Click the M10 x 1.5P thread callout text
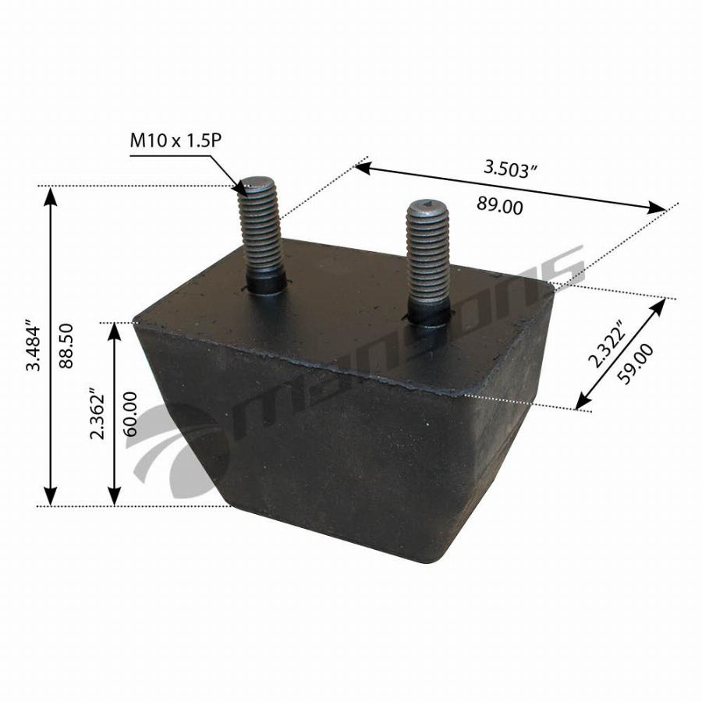tap(175, 140)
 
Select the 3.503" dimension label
tap(511, 169)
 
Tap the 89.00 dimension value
tap(499, 205)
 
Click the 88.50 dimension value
tap(66, 346)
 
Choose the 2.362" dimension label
tap(97, 413)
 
